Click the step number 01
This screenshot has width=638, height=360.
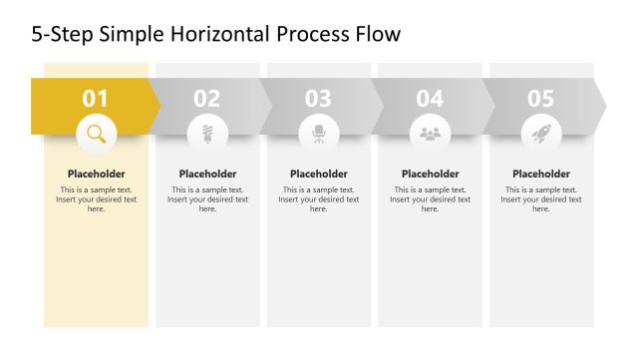tap(96, 99)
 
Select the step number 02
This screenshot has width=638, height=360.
tap(207, 99)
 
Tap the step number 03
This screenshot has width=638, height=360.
tap(318, 99)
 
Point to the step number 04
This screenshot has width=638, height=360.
tap(430, 99)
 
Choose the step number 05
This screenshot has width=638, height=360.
tap(540, 99)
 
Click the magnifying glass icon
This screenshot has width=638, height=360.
tap(96, 133)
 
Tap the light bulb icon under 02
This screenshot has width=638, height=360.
tap(207, 133)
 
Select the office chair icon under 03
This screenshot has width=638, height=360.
tap(319, 133)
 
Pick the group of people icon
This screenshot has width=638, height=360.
tap(430, 133)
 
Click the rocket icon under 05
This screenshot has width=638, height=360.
tap(541, 133)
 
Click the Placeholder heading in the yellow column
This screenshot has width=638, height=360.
tap(96, 174)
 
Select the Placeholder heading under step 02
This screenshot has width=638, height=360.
tap(207, 174)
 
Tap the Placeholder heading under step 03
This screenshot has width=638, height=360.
tap(319, 174)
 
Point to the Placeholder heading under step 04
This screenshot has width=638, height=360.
tap(430, 174)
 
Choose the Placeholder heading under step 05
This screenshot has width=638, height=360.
tap(541, 174)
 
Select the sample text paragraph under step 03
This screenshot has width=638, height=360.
tap(319, 199)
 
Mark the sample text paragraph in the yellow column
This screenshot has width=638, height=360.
tap(96, 199)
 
